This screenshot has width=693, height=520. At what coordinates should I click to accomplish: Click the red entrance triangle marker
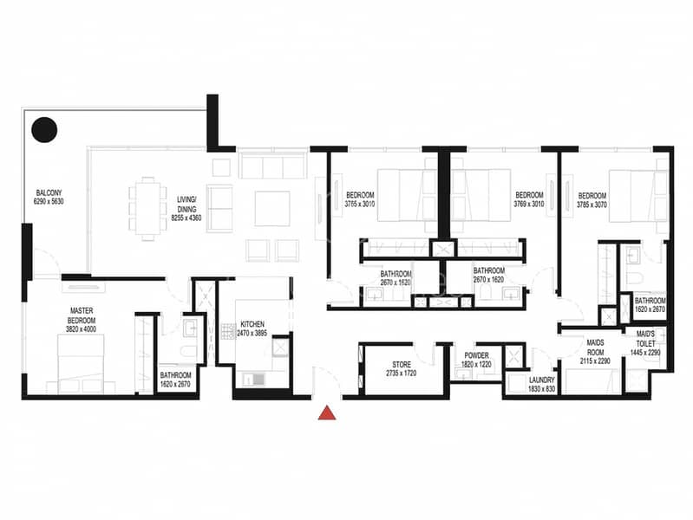[327, 413]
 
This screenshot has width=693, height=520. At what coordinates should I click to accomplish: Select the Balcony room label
[49, 192]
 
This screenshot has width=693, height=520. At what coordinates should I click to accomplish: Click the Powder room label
[476, 355]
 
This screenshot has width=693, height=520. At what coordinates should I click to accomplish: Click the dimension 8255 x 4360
[186, 218]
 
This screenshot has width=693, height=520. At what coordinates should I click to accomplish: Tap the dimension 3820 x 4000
[82, 330]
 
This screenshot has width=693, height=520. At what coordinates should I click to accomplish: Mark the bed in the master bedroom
[81, 361]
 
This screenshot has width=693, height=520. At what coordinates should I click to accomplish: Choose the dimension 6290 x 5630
[49, 202]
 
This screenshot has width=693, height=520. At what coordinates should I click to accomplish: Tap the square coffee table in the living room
[265, 207]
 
